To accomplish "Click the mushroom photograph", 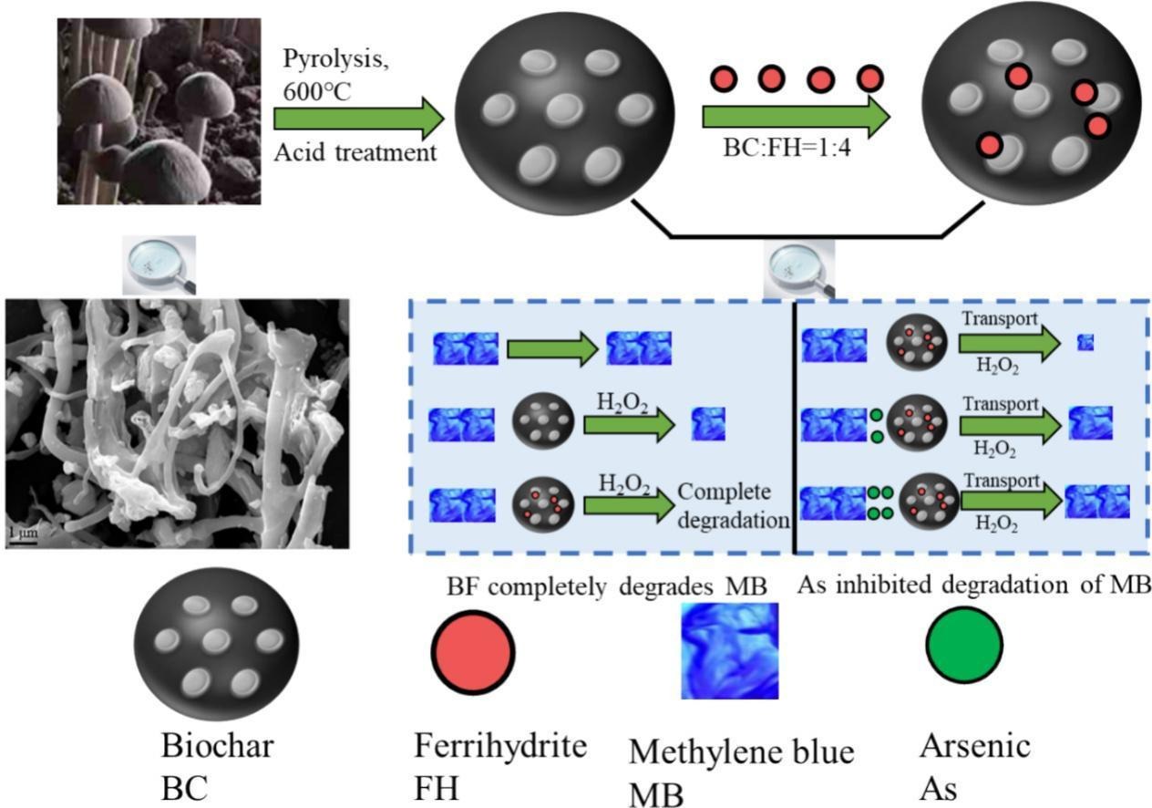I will tap(159, 110).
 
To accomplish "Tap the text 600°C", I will tap(314, 91).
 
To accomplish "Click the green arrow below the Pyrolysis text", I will tap(357, 119).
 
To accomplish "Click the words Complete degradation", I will tap(735, 506).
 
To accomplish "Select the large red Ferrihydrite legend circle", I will tap(473, 650).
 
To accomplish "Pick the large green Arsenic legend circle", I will tap(964, 644).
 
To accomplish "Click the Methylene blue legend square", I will tap(730, 650).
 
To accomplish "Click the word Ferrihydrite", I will tap(499, 746).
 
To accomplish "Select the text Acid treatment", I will tap(355, 151).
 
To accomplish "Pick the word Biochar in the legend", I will tap(218, 746).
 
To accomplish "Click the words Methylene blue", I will tap(742, 752).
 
